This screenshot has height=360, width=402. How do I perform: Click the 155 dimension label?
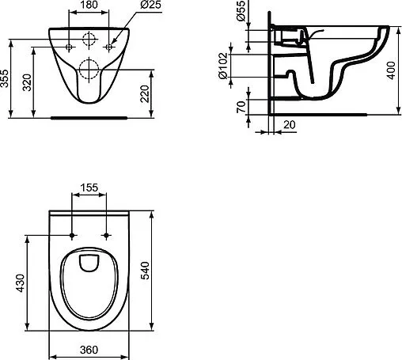pyautogui.click(x=89, y=187)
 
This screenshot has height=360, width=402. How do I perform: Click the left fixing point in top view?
pyautogui.click(x=74, y=236)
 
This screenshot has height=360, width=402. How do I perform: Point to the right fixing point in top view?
pyautogui.click(x=104, y=236)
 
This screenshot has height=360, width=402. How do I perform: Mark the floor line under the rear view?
pyautogui.click(x=89, y=116)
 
